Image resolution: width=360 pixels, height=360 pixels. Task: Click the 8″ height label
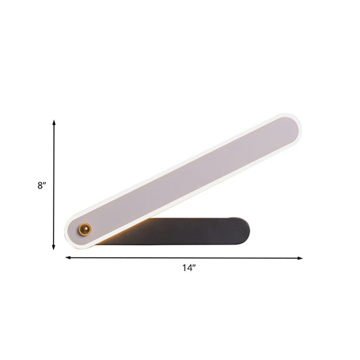point(41,185)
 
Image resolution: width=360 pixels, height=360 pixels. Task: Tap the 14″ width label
point(188,268)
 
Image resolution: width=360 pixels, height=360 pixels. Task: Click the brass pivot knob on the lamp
point(85,229)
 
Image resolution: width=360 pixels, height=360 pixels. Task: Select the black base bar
point(196,231)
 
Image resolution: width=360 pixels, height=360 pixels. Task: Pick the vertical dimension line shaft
point(54,185)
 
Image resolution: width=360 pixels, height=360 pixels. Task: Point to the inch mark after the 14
point(194,266)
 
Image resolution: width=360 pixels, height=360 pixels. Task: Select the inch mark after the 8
point(45,183)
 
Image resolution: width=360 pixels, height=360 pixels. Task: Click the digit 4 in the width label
point(188,268)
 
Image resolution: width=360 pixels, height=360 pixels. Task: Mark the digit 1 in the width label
point(183,268)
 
